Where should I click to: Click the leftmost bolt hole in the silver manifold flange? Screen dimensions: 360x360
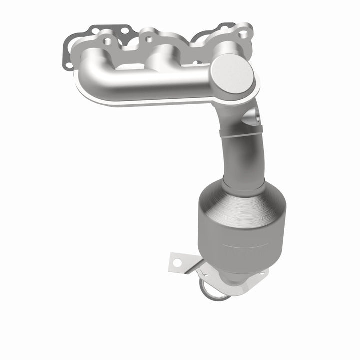point(106,40)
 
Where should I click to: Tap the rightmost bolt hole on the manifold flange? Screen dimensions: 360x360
point(243,34)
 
